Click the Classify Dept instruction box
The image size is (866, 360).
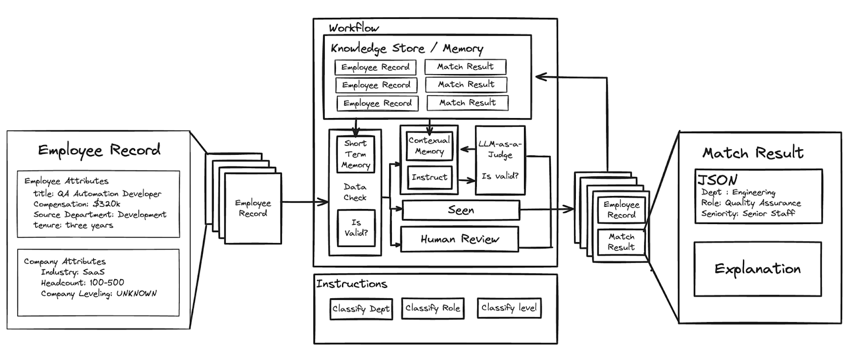[x=361, y=309]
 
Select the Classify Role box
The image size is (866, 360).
[x=432, y=308]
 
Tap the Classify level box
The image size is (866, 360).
[x=509, y=307]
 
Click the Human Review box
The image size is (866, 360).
[x=460, y=239]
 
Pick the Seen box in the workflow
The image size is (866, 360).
[x=461, y=210]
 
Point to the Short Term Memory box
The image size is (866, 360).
[x=355, y=154]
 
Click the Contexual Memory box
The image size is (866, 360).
[x=429, y=146]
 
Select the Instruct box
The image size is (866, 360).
[x=429, y=178]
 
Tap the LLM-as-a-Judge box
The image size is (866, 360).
[x=500, y=160]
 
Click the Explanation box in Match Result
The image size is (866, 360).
[x=757, y=269]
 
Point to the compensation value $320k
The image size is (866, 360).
[x=107, y=204]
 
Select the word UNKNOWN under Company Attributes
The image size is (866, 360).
[x=136, y=293]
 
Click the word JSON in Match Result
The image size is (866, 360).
[x=717, y=180]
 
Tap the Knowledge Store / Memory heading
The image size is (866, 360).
[x=407, y=49]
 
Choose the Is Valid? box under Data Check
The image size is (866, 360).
[x=356, y=228]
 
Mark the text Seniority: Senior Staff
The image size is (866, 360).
[x=747, y=213]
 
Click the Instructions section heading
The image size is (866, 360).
[x=352, y=284]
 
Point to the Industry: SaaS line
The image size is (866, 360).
[x=73, y=272]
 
